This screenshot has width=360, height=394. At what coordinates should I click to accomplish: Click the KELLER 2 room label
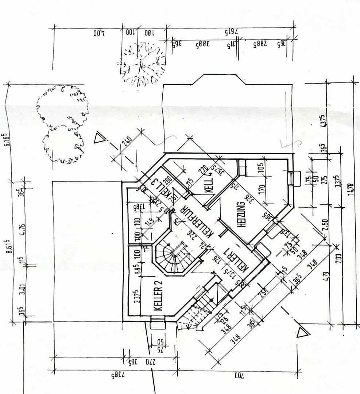158,295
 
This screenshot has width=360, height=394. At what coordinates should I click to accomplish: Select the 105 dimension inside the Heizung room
260,167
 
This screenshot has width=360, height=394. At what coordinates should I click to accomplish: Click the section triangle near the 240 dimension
99,139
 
